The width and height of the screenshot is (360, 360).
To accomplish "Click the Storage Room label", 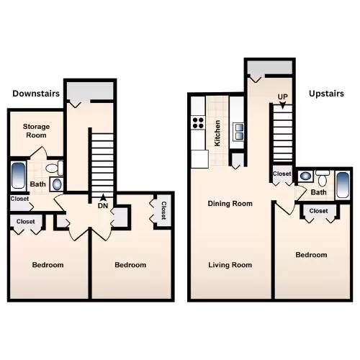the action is [36, 131].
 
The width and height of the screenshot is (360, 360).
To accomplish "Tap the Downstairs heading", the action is [36, 94].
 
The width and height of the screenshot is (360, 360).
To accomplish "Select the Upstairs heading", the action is [326, 94].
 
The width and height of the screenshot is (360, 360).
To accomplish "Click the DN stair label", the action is [103, 206].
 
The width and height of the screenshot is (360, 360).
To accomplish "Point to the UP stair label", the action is [282, 96].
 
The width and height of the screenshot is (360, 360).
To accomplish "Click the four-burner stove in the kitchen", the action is [198, 122].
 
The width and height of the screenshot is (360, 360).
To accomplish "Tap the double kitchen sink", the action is [239, 132].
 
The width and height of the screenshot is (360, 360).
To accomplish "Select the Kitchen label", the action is [217, 133].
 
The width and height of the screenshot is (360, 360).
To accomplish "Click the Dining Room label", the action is [230, 204].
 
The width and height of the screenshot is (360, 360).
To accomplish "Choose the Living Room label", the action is [230, 265].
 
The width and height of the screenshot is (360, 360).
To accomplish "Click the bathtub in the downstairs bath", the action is [18, 176].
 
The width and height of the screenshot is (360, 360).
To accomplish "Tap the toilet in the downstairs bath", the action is [55, 168].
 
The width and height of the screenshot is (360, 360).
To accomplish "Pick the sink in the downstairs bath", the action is [57, 184].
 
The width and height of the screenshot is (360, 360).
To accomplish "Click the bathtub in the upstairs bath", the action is [343, 185].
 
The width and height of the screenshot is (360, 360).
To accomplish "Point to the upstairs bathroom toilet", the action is [323, 178].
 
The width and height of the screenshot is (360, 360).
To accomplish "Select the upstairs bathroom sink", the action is [305, 176].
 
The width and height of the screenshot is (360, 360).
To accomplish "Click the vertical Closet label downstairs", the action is [163, 210].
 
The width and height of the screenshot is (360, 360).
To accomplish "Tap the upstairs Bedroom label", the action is [311, 255].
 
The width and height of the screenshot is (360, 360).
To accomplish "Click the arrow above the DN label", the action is [103, 197].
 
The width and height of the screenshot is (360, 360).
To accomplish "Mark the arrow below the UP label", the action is [283, 105].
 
